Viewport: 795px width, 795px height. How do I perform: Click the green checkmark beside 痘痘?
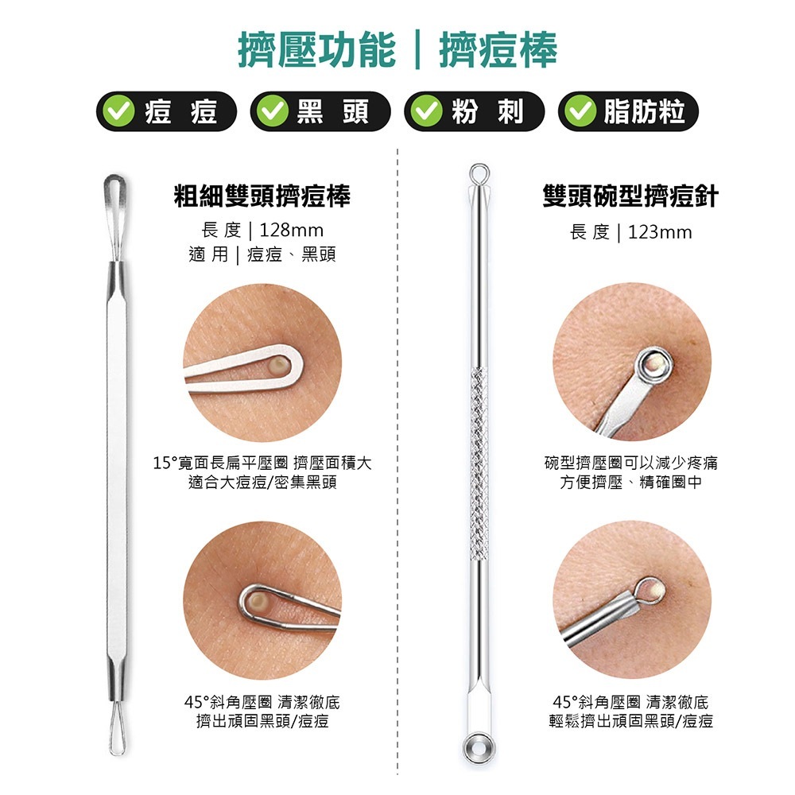click(x=118, y=111)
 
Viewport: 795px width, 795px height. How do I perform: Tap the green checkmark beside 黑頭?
click(x=272, y=111)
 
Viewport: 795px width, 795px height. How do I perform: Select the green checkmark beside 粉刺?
click(x=426, y=111)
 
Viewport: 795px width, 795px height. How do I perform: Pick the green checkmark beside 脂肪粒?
click(x=580, y=111)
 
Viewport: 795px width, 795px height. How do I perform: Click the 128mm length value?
click(x=292, y=231)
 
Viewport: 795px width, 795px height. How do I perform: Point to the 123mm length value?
click(x=660, y=233)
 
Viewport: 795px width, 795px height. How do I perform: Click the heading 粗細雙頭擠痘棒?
click(x=262, y=196)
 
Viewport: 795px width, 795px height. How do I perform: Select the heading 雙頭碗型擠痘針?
click(x=630, y=196)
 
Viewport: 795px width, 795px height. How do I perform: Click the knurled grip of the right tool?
click(x=479, y=464)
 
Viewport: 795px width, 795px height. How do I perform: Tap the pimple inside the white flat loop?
click(x=278, y=366)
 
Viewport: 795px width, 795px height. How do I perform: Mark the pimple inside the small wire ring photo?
click(x=656, y=590)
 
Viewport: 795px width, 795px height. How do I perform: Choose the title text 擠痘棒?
click(x=498, y=49)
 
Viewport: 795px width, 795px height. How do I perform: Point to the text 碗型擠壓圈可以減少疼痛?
click(x=630, y=463)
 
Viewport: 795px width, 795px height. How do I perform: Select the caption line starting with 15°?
click(x=262, y=463)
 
